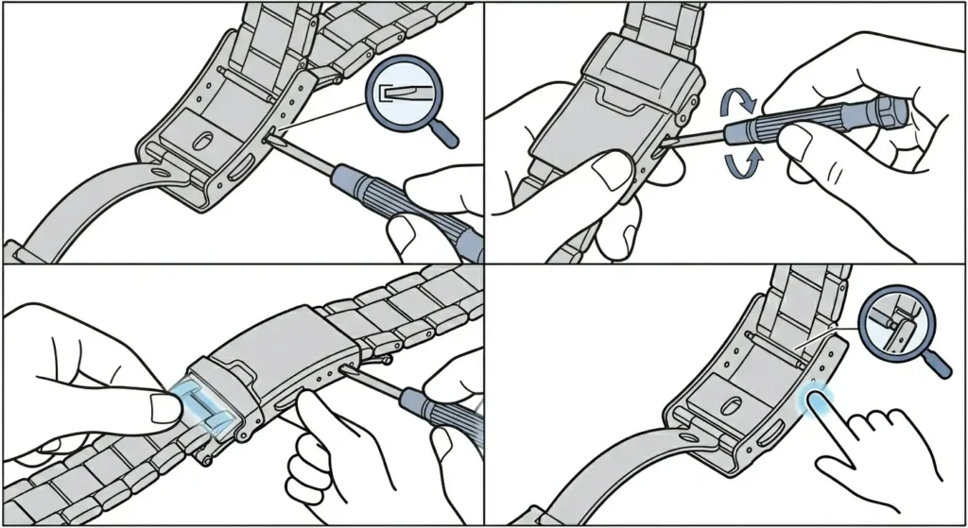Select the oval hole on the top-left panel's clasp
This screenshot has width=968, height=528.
[x=201, y=140]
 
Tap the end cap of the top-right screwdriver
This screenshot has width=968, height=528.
[x=892, y=111]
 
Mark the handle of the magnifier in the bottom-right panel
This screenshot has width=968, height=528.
[x=937, y=361]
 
